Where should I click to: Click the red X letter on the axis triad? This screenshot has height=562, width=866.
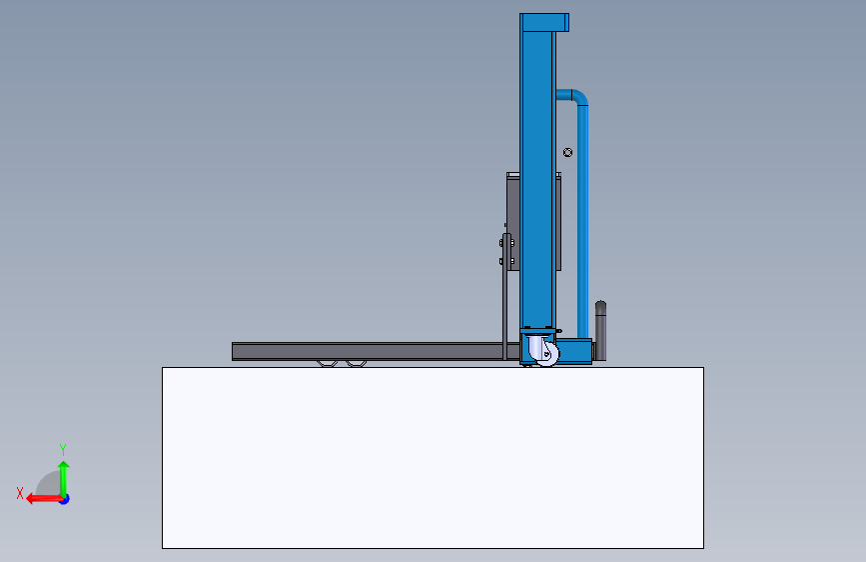coord(20,493)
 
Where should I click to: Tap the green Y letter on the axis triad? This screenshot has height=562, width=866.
coord(63,449)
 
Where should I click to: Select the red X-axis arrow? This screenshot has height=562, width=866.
coord(44,499)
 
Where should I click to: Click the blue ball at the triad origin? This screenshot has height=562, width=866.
coord(65,499)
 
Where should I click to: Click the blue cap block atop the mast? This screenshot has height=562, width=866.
coord(544,23)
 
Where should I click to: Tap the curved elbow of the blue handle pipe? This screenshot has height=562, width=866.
coord(578,96)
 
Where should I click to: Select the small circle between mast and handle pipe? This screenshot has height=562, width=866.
coord(567,152)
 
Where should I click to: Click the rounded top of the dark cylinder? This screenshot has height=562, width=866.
coord(601,305)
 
